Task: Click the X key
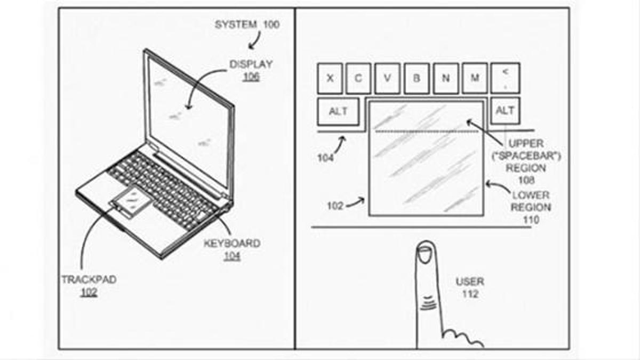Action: pos(330,78)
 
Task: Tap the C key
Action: pos(358,78)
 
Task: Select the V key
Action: pos(387,78)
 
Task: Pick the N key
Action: pos(446,78)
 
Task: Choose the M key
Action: pos(475,78)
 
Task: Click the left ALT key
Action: pos(338,111)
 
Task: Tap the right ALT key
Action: pos(505,110)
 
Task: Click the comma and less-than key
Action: pos(505,78)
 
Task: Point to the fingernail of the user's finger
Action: pos(425,254)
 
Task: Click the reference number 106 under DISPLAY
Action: pos(251,76)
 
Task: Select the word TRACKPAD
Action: pos(89,279)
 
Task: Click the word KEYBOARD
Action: pos(232,243)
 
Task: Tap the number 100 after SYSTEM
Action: pos(271,25)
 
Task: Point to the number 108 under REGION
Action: pos(526,180)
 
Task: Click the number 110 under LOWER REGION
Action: pos(531,220)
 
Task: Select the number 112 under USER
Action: pos(470,294)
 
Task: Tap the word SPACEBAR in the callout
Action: pos(526,156)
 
